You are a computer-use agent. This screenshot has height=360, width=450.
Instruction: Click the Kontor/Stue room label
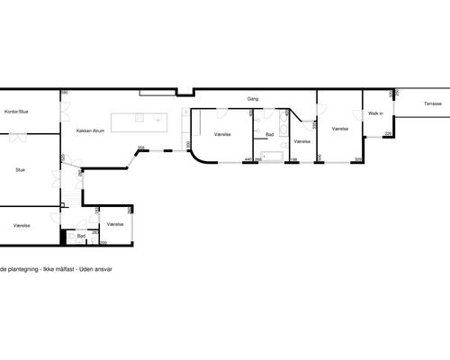pyautogui.click(x=15, y=112)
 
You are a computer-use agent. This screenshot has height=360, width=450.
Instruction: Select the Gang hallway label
pyautogui.click(x=253, y=99)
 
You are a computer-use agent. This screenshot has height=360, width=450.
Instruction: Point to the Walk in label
pyautogui.click(x=375, y=113)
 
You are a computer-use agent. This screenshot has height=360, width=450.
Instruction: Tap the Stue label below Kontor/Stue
pyautogui.click(x=20, y=168)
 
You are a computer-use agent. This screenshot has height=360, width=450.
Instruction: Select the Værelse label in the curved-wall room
pyautogui.click(x=223, y=134)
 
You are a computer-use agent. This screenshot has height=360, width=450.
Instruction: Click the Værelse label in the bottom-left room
pyautogui.click(x=22, y=225)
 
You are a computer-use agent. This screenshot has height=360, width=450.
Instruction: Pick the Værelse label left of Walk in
pyautogui.click(x=339, y=130)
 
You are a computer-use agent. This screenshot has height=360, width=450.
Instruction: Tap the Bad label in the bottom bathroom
pyautogui.click(x=81, y=236)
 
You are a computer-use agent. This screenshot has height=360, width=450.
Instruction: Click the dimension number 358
pyautogui.click(x=141, y=148)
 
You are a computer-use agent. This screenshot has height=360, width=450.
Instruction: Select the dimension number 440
pyautogui.click(x=247, y=159)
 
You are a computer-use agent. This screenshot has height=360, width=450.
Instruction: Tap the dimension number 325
pyautogui.click(x=357, y=159)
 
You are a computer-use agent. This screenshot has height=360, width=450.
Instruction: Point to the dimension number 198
pyautogui.click(x=293, y=159)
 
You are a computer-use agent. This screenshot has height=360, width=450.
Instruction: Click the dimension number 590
pyautogui.click(x=65, y=92)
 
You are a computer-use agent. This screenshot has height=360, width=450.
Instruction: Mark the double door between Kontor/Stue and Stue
pyautogui.click(x=18, y=135)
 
